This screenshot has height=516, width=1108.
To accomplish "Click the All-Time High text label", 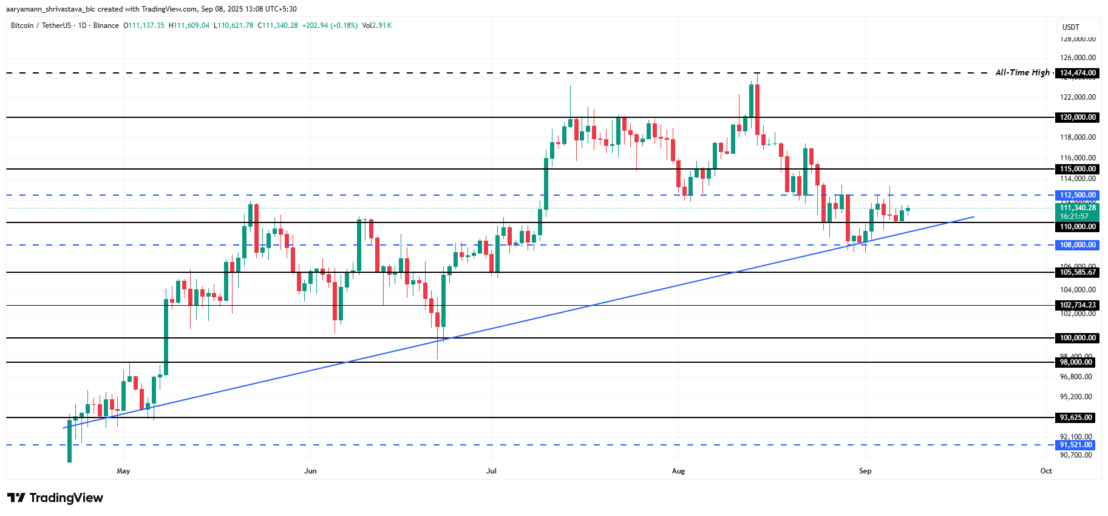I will pyautogui.click(x=1022, y=72).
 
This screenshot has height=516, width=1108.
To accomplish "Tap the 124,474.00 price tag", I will pyautogui.click(x=1078, y=73).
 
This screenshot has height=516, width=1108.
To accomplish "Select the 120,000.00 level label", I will pyautogui.click(x=1078, y=117).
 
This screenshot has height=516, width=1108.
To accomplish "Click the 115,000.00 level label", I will pyautogui.click(x=1078, y=169).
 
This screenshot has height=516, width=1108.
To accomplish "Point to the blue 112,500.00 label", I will pyautogui.click(x=1078, y=195).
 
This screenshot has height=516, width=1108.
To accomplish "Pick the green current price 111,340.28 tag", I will pyautogui.click(x=1078, y=208).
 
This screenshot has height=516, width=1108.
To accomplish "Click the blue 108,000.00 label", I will pyautogui.click(x=1078, y=245).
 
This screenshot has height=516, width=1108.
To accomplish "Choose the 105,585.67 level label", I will pyautogui.click(x=1078, y=272).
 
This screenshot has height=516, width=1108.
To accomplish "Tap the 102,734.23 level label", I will pyautogui.click(x=1078, y=305).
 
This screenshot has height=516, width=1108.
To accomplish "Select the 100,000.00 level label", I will pyautogui.click(x=1078, y=338).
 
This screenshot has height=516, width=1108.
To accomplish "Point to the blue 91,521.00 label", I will pyautogui.click(x=1076, y=445).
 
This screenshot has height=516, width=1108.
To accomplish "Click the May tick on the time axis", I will pyautogui.click(x=123, y=471).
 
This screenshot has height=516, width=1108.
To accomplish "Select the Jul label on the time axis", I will pyautogui.click(x=491, y=471).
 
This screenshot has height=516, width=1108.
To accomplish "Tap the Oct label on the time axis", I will pyautogui.click(x=1045, y=471).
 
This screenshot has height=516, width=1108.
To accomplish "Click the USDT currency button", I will pyautogui.click(x=1071, y=27).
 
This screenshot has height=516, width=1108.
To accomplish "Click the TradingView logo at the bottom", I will pyautogui.click(x=55, y=498).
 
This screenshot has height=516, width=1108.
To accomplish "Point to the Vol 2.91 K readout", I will pyautogui.click(x=376, y=26).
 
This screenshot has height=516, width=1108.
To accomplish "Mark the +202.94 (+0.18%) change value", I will pyautogui.click(x=330, y=26).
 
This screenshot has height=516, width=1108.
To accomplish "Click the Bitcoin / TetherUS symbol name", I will pyautogui.click(x=41, y=26).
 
